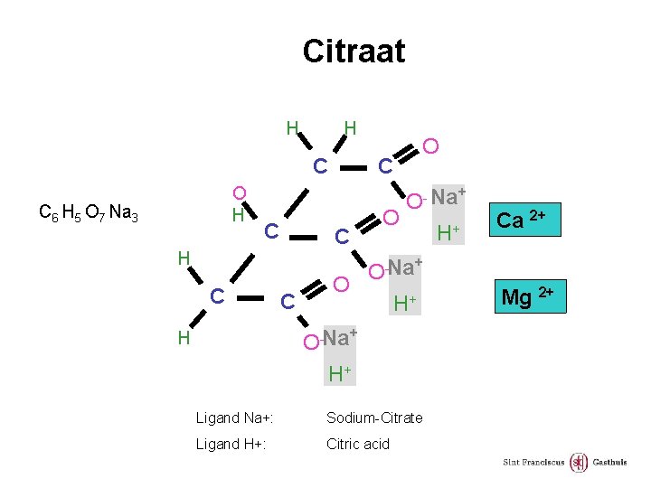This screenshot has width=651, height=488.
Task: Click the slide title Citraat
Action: click(x=354, y=51)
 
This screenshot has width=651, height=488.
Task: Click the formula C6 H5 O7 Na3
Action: click(x=88, y=213)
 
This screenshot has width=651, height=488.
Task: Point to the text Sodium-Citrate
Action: click(x=374, y=418)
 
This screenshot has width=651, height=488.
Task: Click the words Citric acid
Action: click(x=358, y=444)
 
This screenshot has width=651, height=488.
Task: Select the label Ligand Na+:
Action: click(x=235, y=418)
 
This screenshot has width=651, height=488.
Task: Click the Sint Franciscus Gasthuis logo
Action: click(x=565, y=463)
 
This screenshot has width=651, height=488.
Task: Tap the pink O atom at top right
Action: click(x=431, y=145)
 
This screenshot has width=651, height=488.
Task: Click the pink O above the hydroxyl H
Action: click(x=239, y=192)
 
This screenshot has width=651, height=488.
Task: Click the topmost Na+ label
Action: click(x=448, y=196)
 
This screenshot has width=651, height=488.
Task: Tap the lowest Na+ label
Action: click(x=340, y=339)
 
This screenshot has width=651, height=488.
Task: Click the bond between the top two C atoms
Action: click(x=353, y=166)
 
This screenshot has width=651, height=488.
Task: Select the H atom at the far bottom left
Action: click(x=184, y=338)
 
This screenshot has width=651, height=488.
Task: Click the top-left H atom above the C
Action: click(x=292, y=127)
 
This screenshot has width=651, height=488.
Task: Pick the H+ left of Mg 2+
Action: click(x=404, y=304)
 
